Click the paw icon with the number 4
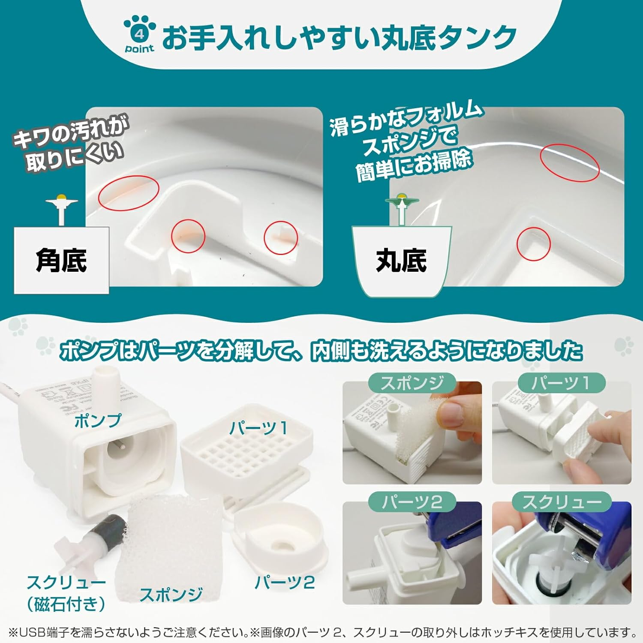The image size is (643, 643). click(139, 34)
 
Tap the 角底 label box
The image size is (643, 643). click(61, 260)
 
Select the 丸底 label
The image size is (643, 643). click(401, 260)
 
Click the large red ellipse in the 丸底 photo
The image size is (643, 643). click(569, 163)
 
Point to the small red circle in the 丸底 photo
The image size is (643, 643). click(533, 244)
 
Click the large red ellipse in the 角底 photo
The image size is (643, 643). click(129, 193)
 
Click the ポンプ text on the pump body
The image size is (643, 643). click(98, 421)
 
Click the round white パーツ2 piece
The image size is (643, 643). click(281, 536)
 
